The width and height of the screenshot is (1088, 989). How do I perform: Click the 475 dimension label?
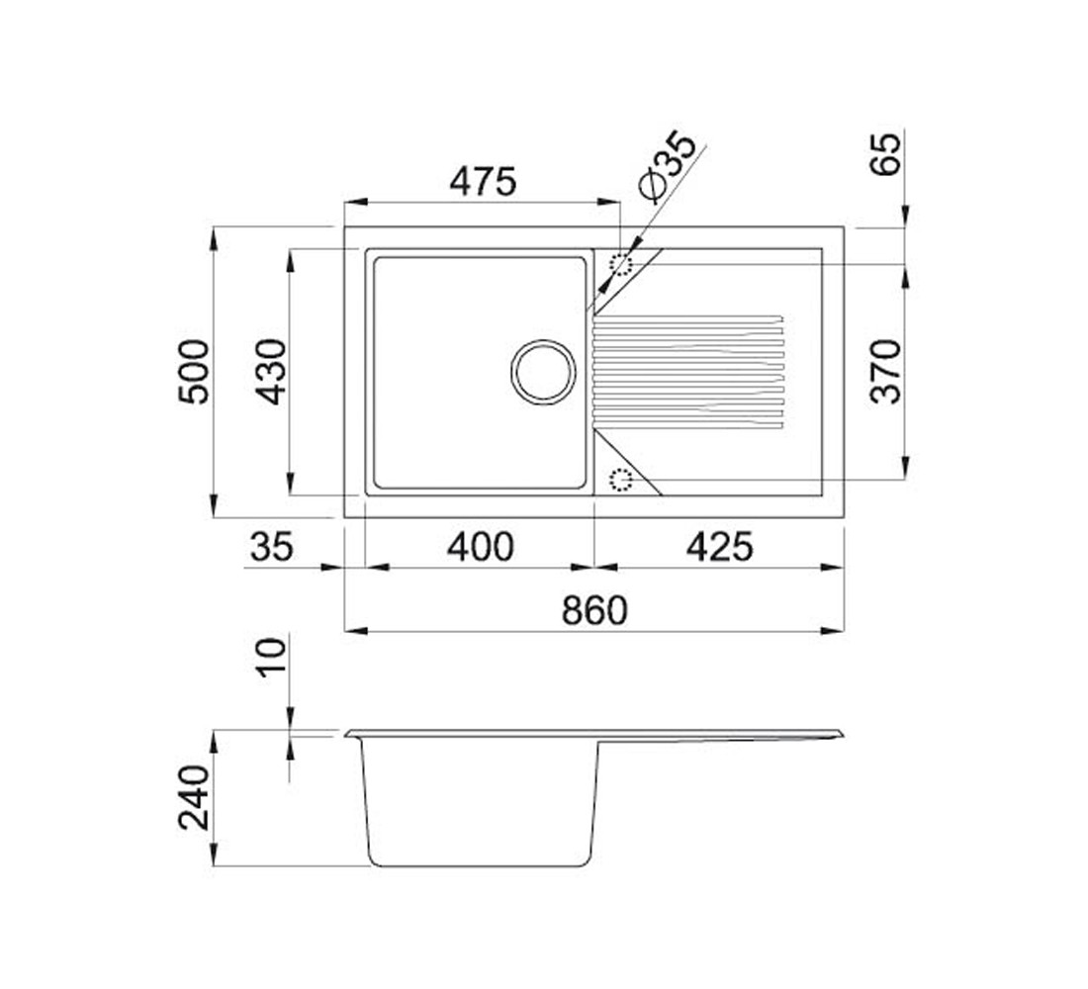(483, 182)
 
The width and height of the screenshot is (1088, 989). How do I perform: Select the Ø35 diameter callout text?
(666, 166)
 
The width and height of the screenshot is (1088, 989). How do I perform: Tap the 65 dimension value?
(886, 153)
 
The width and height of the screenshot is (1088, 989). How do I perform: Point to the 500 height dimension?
(193, 371)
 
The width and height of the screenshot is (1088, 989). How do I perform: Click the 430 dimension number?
(270, 371)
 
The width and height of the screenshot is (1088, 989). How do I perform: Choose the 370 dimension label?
(885, 371)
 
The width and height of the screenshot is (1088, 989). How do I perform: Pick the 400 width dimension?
(480, 547)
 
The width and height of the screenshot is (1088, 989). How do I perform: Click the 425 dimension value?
(719, 547)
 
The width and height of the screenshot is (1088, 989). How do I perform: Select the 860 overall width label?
(594, 611)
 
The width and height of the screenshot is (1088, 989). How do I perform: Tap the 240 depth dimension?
(193, 798)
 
